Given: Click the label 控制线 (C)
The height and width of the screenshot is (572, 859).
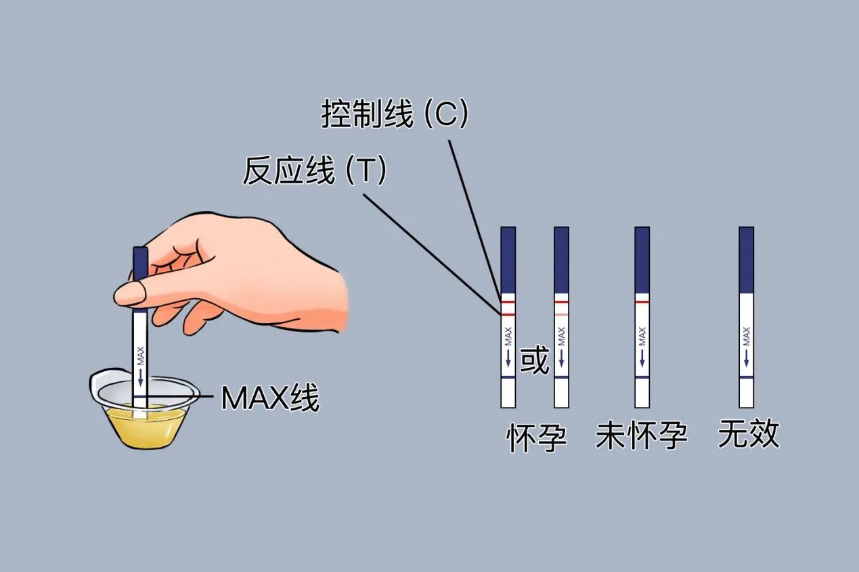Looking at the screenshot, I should click(x=394, y=116).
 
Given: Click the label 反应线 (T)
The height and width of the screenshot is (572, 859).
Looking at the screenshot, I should click(x=315, y=172).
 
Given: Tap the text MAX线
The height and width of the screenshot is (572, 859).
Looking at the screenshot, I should click(x=269, y=398).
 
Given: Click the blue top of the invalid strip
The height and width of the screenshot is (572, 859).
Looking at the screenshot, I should click(x=746, y=260).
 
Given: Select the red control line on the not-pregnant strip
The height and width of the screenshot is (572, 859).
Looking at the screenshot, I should click(x=642, y=302).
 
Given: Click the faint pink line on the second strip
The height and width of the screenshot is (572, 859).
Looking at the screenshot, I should click(x=561, y=314).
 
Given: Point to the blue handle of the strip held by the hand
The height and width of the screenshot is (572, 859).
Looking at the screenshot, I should click(x=140, y=264).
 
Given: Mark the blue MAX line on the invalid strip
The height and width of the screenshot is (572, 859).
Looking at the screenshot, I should click(x=746, y=377).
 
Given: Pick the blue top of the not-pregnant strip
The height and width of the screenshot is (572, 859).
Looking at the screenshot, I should click(x=642, y=260).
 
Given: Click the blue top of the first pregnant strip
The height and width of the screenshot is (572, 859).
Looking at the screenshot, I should click(x=508, y=260).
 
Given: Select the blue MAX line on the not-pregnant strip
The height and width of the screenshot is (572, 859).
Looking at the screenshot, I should click(x=642, y=377).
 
